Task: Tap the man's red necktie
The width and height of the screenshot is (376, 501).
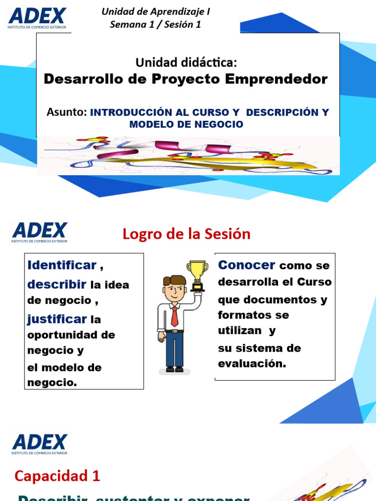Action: click(x=174, y=316)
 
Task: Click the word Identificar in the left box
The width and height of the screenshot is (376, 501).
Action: click(x=62, y=265)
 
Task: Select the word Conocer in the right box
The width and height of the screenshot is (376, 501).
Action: click(x=247, y=265)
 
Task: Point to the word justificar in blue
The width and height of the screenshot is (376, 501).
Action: click(x=57, y=319)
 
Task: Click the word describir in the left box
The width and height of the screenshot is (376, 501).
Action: click(x=57, y=284)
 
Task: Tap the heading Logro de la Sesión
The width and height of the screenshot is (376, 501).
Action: click(x=186, y=234)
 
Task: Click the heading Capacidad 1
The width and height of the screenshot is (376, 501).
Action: click(x=57, y=475)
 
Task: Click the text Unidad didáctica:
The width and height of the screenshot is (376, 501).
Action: click(x=186, y=62)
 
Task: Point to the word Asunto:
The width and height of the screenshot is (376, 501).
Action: click(x=67, y=112)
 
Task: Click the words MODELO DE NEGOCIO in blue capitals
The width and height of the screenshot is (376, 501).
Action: click(x=186, y=124)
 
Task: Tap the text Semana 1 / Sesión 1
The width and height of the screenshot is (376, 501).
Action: click(x=155, y=24)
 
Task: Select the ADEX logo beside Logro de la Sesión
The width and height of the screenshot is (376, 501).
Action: click(x=40, y=232)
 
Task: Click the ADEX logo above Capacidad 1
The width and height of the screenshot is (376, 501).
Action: click(x=40, y=443)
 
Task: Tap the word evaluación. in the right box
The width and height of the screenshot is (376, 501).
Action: click(x=252, y=364)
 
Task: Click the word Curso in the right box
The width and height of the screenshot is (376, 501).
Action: click(x=316, y=282)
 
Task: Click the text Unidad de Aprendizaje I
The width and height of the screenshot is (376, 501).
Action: click(x=156, y=12)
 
